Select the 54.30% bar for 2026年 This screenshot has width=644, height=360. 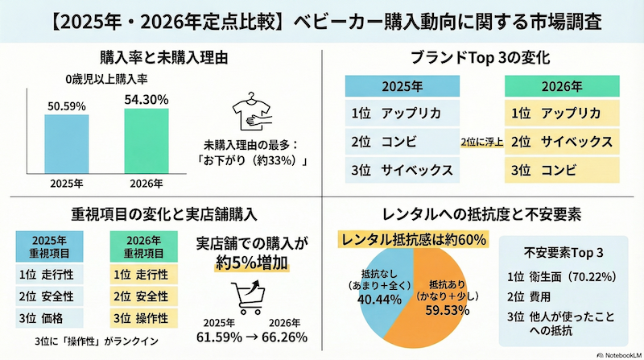(147, 140)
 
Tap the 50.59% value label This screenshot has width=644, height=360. (67, 105)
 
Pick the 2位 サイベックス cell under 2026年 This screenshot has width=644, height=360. (561, 142)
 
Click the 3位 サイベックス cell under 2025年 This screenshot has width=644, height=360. (401, 170)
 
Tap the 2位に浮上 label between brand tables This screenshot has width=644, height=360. (481, 143)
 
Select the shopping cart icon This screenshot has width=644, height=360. (247, 296)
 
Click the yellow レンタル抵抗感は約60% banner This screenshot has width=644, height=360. (407, 239)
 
